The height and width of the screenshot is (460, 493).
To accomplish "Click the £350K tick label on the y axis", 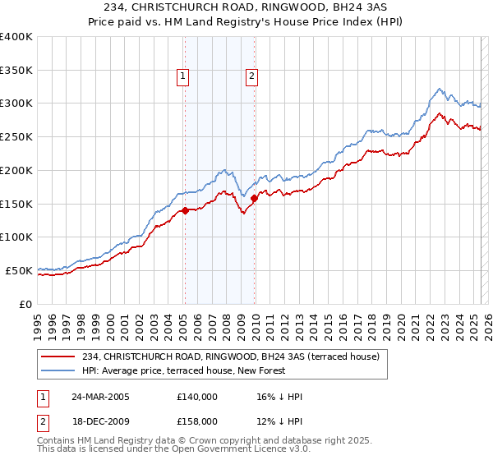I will [x=16, y=71].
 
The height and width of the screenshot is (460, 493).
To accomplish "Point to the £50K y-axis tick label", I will [x=19, y=270].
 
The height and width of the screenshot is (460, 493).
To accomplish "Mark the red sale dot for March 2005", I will [x=186, y=210].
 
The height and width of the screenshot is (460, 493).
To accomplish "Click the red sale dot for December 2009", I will [x=254, y=198].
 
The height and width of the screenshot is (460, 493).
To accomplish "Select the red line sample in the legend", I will [x=58, y=356].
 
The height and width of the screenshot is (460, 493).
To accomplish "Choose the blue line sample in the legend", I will [x=58, y=370].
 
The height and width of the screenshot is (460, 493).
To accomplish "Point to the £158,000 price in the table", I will [x=197, y=421].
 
